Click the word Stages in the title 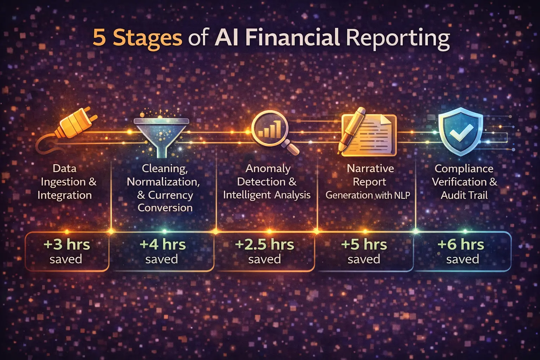pyautogui.click(x=147, y=38)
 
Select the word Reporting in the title pyautogui.click(x=398, y=38)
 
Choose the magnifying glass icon pyautogui.click(x=272, y=132)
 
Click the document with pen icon pyautogui.click(x=367, y=134)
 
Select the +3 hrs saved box pyautogui.click(x=67, y=251)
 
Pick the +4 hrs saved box pyautogui.click(x=162, y=251)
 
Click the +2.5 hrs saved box pyautogui.click(x=264, y=251)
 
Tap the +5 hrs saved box pyautogui.click(x=364, y=251)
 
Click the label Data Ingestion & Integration pyautogui.click(x=65, y=182)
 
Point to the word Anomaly pyautogui.click(x=268, y=168)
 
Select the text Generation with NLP pyautogui.click(x=368, y=195)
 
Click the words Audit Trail pyautogui.click(x=464, y=195)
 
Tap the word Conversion pyautogui.click(x=165, y=208)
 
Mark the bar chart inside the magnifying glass pyautogui.click(x=270, y=129)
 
